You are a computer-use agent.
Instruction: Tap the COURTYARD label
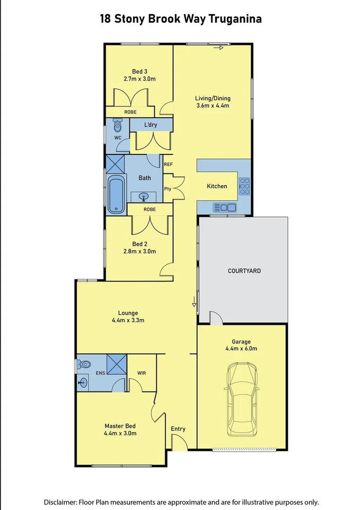click(x=244, y=271)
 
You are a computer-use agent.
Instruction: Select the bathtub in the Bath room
click(x=117, y=194)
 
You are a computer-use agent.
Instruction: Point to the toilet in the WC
click(x=117, y=126)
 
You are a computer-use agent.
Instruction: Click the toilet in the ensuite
click(x=85, y=364)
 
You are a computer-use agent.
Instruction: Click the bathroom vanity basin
click(x=143, y=197)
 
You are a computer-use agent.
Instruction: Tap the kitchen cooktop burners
click(x=244, y=186)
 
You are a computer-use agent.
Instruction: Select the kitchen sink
click(x=225, y=207)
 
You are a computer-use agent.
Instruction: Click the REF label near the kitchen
click(x=168, y=164)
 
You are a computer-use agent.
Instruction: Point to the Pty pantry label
click(x=167, y=189)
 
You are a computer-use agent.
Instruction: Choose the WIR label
click(x=142, y=373)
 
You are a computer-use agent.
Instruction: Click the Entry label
click(x=178, y=429)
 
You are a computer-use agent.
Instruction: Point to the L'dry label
click(x=151, y=125)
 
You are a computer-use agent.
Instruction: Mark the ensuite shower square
click(x=117, y=364)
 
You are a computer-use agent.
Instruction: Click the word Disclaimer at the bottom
click(x=60, y=502)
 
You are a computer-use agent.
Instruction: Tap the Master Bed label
click(x=120, y=426)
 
